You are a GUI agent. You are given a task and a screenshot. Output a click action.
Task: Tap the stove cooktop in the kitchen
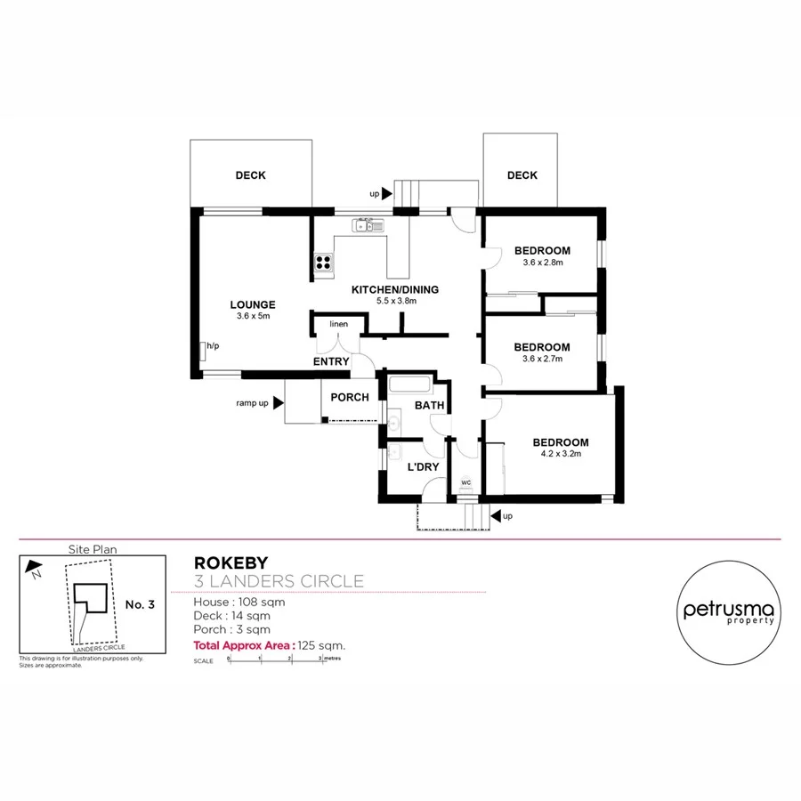click(x=323, y=262)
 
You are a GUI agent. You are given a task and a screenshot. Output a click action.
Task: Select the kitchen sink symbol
click(x=368, y=226)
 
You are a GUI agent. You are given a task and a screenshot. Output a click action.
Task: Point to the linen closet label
click(x=339, y=324)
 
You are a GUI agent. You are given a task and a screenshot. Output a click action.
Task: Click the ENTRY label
click(x=331, y=361)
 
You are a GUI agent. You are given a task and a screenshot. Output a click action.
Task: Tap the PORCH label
click(x=350, y=397)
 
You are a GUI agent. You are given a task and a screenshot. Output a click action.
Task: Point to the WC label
click(x=465, y=483)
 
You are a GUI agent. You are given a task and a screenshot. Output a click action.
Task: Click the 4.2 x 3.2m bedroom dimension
click(x=561, y=454)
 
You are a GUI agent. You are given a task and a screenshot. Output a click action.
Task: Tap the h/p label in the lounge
click(x=213, y=345)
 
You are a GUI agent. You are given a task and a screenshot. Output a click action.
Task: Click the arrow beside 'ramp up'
click(x=278, y=403)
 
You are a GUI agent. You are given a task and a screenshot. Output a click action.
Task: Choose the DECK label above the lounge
click(x=250, y=175)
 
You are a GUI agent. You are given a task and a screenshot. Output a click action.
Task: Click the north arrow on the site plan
click(x=34, y=566)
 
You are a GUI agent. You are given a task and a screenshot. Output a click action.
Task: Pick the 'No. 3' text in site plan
click(x=140, y=604)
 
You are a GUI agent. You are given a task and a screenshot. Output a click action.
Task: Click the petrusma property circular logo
click(x=729, y=611)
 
